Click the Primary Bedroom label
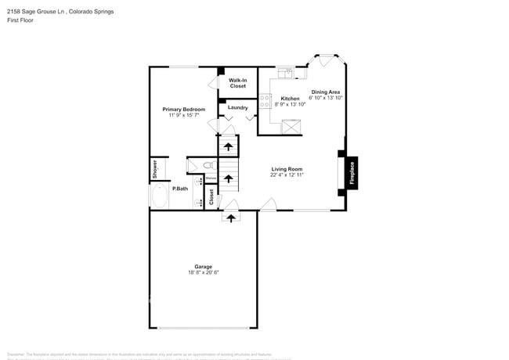[183, 109]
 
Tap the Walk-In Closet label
[237, 83]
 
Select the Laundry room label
[238, 107]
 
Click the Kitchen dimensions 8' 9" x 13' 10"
[290, 104]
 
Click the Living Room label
[287, 169]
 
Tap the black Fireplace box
[351, 171]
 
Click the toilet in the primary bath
[208, 165]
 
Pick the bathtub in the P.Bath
[159, 196]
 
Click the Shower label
[155, 168]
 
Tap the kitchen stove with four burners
[265, 103]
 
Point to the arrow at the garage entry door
[230, 218]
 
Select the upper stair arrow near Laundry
[228, 146]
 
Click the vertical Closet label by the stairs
[211, 197]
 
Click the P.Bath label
[180, 189]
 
